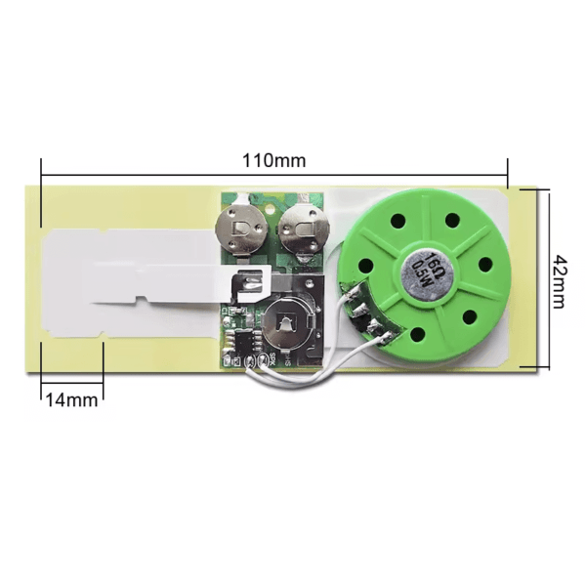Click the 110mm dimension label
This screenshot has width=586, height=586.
(273, 160)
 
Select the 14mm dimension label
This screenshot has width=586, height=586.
(71, 400)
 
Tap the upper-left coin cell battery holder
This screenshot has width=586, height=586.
(243, 230)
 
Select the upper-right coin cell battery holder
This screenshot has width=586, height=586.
(304, 232)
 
